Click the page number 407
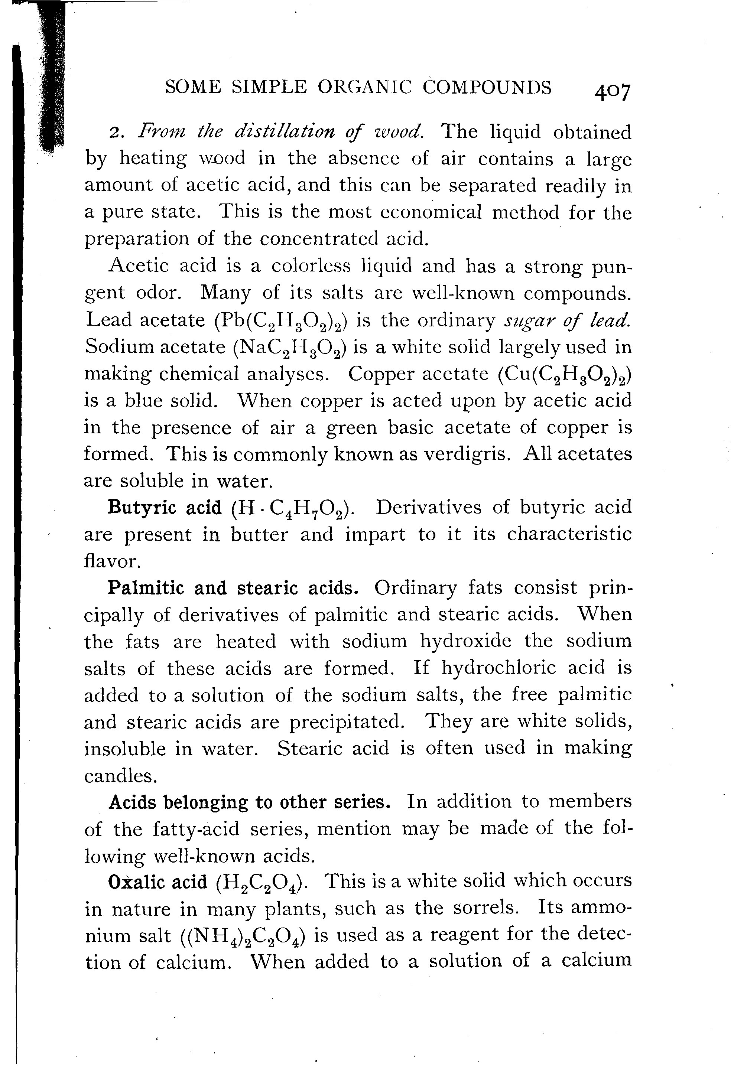612,91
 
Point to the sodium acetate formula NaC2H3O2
290,347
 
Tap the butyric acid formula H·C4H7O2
291,509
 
